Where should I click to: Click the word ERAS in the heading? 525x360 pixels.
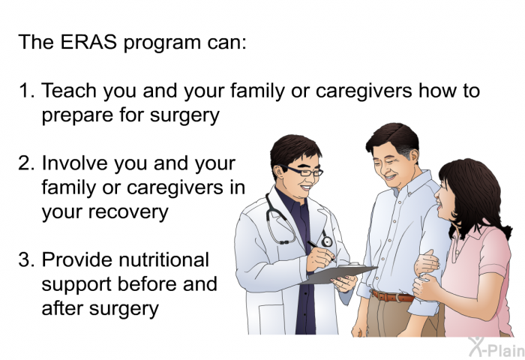pos(88,42)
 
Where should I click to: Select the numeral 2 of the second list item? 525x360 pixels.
pos(25,163)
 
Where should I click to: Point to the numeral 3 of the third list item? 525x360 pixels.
pos(25,259)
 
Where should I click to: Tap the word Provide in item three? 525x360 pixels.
pos(78,259)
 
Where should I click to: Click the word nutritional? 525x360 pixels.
pos(164,259)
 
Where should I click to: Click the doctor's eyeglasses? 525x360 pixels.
pos(303,171)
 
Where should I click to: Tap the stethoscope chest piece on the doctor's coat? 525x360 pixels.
pos(326,241)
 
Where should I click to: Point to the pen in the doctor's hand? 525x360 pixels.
pos(322,250)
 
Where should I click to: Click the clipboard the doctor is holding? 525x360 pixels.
pos(338,274)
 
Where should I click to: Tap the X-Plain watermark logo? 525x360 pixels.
pos(496,347)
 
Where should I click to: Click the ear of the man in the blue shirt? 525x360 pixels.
pos(413,156)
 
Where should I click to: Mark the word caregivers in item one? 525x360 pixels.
pos(364,91)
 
